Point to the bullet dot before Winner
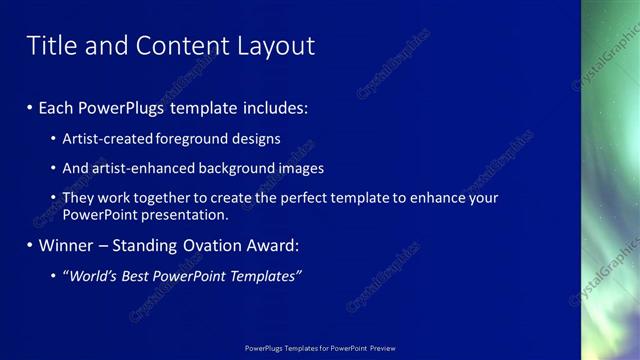pyautogui.click(x=30, y=245)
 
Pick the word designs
pyautogui.click(x=254, y=139)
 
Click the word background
pyautogui.click(x=236, y=169)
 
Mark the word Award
pyautogui.click(x=271, y=245)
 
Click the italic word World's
pyautogui.click(x=92, y=276)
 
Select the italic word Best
pyautogui.click(x=138, y=276)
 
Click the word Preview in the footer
pyautogui.click(x=382, y=348)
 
